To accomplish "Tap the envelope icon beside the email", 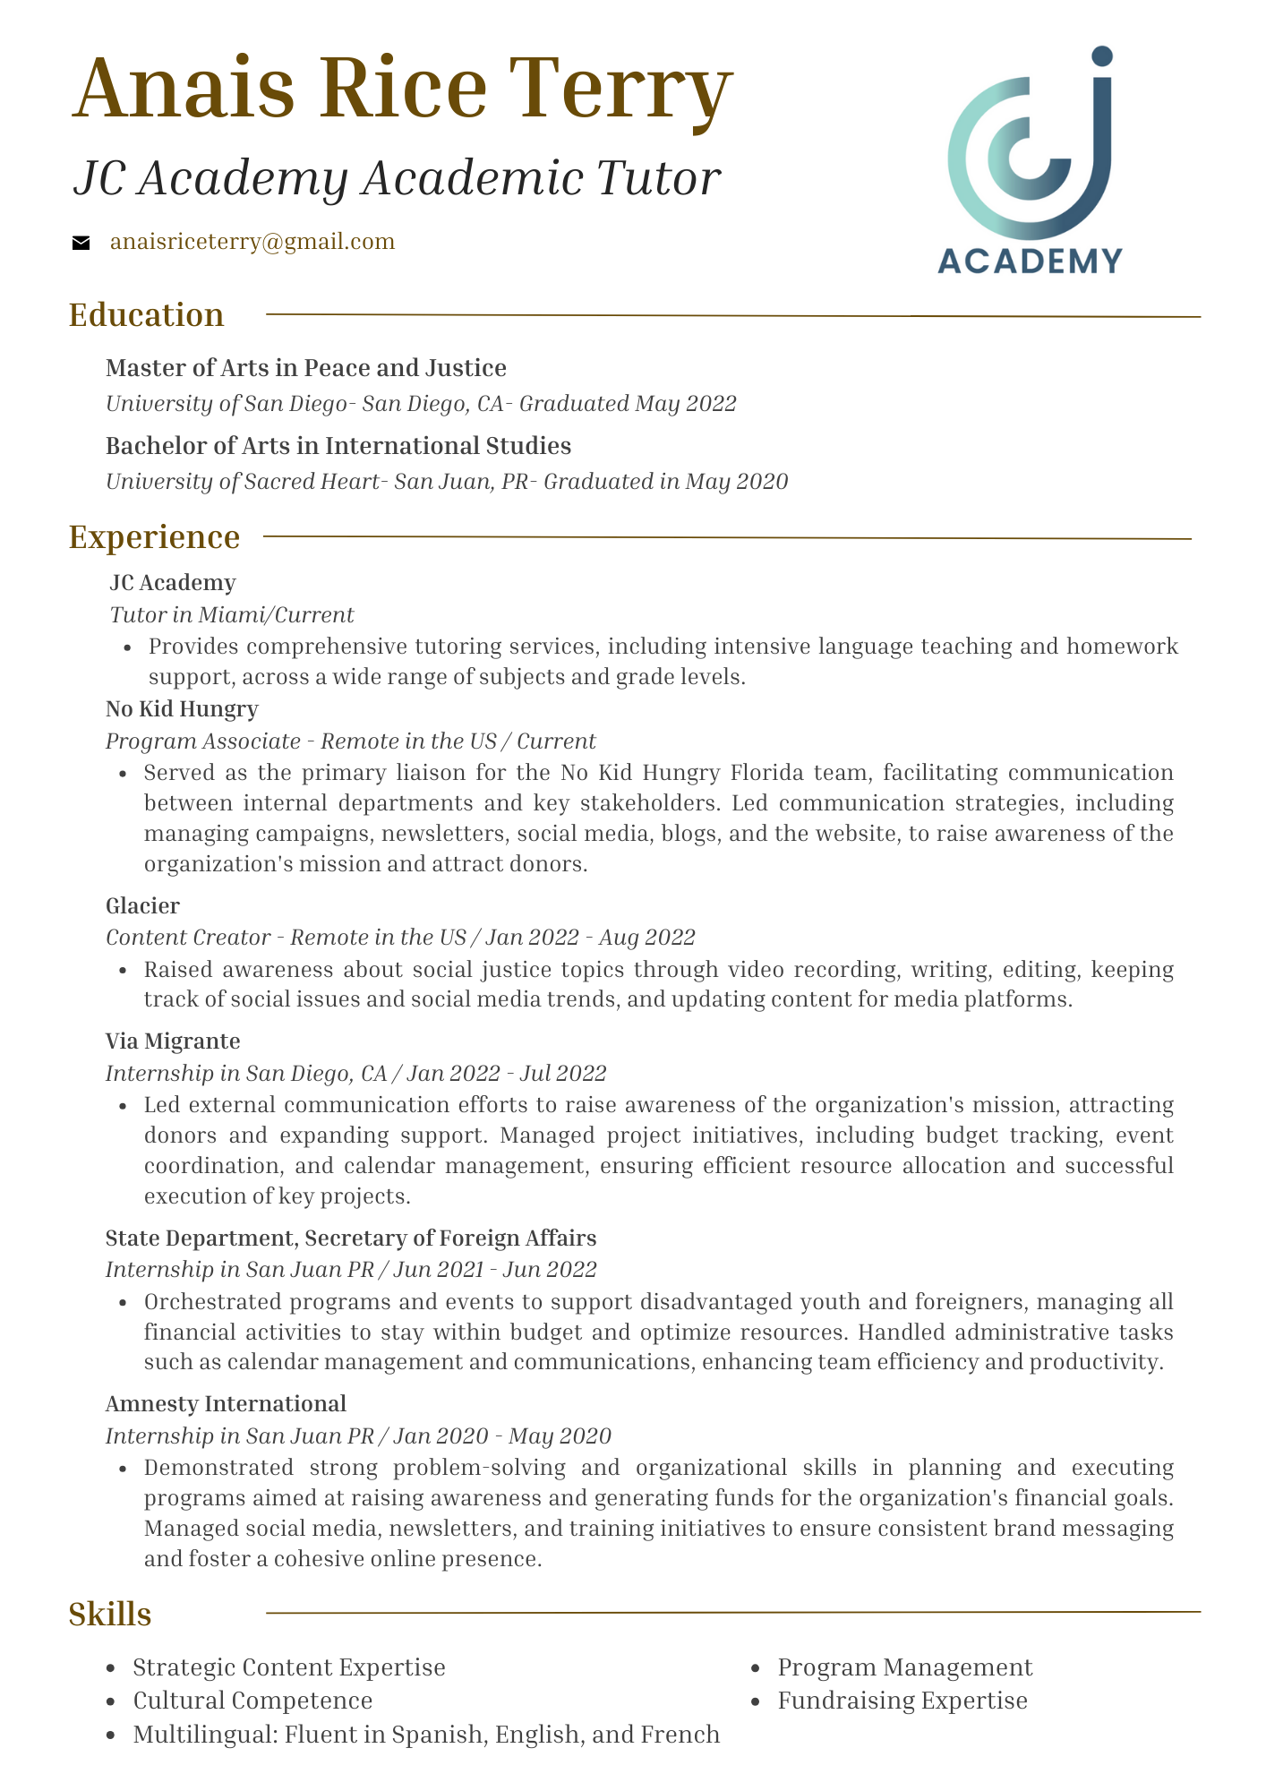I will (x=81, y=243).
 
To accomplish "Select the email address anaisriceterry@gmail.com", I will (x=252, y=242).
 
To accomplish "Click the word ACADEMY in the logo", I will (x=1030, y=261).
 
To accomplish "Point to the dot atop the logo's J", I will (x=1102, y=56).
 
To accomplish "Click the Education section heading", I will (x=147, y=315).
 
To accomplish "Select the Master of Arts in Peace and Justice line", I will (x=306, y=368).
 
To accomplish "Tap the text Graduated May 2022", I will (x=628, y=404).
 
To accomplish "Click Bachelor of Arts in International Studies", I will (x=338, y=446).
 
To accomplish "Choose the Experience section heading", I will (x=155, y=537).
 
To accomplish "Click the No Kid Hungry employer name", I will (x=182, y=709).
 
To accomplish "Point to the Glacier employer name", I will (x=142, y=906).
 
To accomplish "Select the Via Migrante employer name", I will (x=173, y=1041).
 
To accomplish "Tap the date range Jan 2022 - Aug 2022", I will (x=590, y=938).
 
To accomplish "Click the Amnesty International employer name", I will (x=226, y=1403).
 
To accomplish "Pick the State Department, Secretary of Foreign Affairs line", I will (x=351, y=1238).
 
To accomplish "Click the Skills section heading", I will (x=110, y=1614).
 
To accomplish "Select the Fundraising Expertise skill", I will (x=902, y=1700).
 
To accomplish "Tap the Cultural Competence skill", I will (x=252, y=1700).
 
